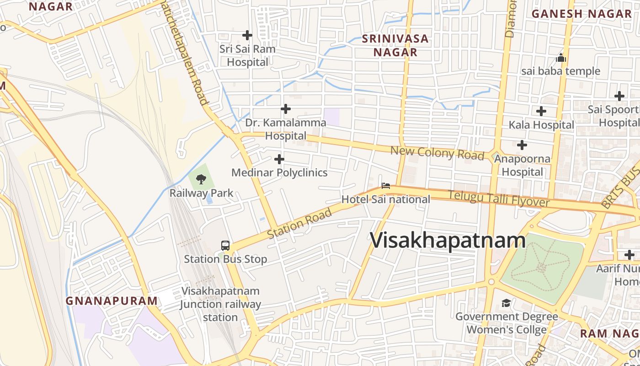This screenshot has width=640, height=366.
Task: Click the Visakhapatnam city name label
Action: (448, 240)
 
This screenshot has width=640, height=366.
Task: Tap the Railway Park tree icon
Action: (201, 179)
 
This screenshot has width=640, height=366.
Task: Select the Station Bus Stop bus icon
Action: (225, 246)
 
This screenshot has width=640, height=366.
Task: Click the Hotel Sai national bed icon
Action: (386, 186)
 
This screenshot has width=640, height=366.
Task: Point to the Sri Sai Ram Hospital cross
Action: (247, 35)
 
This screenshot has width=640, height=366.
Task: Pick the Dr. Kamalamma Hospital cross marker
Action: (286, 109)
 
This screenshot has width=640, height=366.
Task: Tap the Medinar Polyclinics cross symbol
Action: (279, 159)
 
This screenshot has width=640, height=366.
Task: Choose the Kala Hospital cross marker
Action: (541, 111)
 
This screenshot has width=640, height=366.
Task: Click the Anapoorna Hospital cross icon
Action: (522, 145)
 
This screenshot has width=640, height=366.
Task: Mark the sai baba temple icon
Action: (561, 58)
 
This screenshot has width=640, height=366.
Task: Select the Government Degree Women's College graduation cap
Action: (506, 303)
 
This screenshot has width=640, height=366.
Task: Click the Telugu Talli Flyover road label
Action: (498, 199)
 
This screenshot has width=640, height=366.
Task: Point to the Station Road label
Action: (299, 224)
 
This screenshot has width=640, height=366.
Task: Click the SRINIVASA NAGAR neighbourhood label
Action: (395, 45)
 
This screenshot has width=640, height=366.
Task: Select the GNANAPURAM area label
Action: (112, 301)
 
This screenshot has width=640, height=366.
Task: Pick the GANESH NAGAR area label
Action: (581, 14)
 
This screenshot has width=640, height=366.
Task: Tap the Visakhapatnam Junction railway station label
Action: (220, 304)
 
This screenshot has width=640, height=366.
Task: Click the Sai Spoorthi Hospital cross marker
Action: (619, 96)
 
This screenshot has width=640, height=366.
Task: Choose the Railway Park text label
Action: (202, 193)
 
